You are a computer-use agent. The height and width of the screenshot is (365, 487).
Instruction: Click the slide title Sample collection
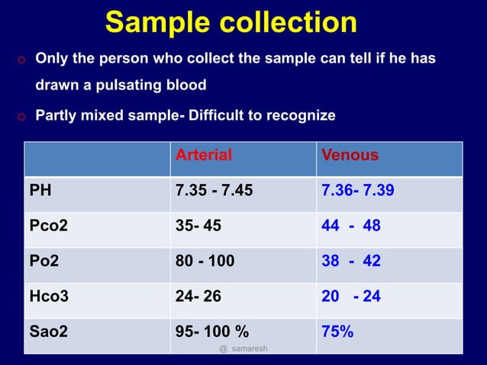[231, 22]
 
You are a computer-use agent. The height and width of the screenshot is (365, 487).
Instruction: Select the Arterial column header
[204, 156]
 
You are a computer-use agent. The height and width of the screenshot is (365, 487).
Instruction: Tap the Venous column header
[350, 156]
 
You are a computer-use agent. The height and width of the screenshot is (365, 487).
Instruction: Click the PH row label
[40, 190]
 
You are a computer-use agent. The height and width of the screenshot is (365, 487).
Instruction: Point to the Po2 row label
[44, 260]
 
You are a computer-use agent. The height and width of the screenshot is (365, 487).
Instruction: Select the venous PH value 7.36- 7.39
[358, 190]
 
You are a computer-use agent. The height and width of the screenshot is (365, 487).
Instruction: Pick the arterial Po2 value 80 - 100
[205, 260]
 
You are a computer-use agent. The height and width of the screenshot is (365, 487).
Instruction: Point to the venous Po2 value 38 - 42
[351, 260]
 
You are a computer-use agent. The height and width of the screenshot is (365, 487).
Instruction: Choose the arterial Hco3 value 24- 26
[198, 296]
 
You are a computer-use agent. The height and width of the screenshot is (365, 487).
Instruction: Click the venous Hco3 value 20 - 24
[351, 296]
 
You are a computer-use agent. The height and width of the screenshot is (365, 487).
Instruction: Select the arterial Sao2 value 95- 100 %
[211, 331]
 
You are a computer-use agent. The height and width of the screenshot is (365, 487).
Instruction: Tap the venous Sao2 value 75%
[337, 331]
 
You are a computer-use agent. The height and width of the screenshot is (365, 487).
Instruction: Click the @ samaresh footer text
[243, 348]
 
